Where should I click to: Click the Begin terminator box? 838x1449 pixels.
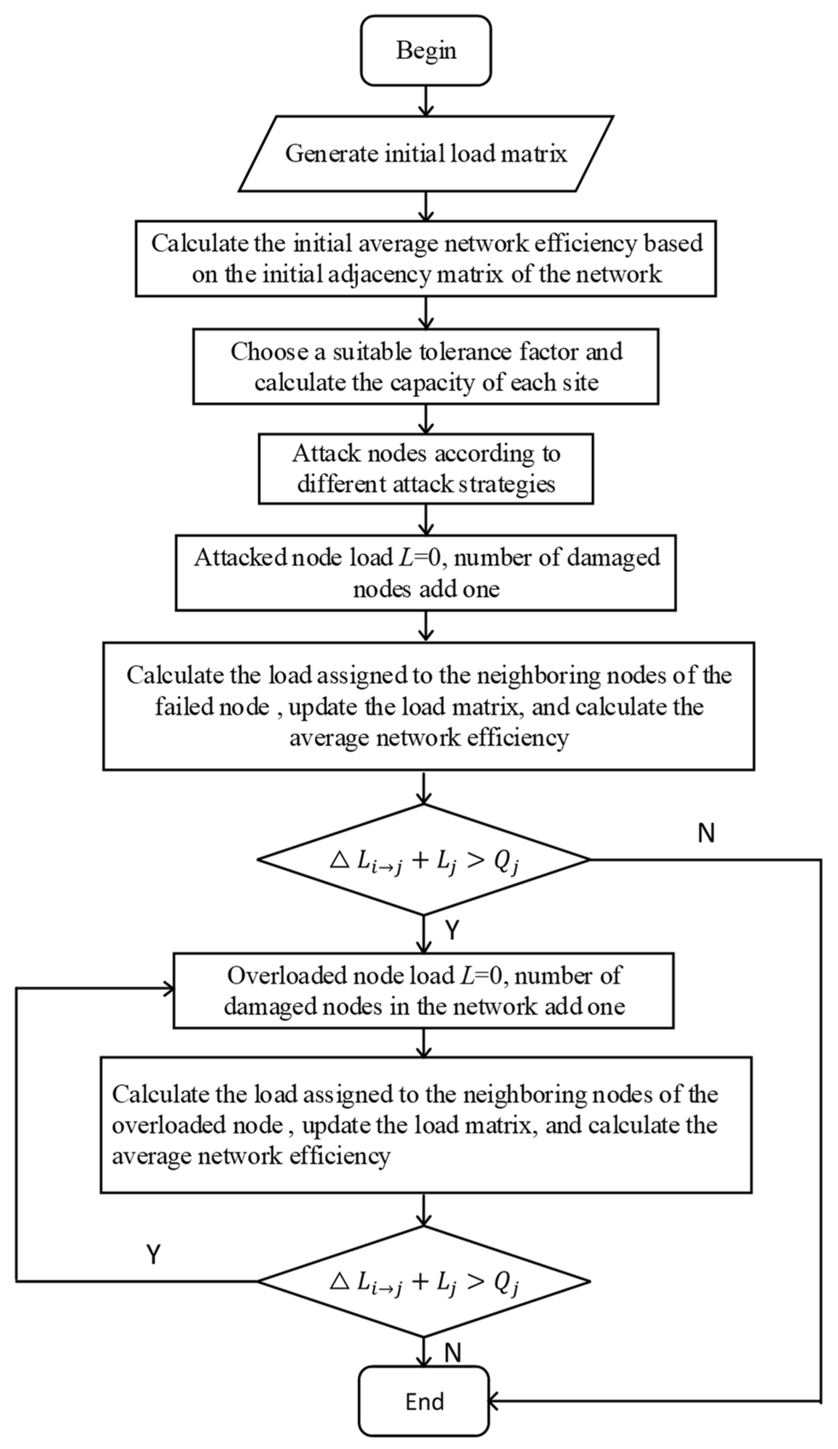(425, 51)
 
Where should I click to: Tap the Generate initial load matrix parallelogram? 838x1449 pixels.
(425, 154)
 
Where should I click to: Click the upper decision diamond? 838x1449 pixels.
(424, 860)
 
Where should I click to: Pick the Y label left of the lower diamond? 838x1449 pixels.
(153, 1255)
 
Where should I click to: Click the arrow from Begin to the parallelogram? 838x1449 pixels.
(426, 101)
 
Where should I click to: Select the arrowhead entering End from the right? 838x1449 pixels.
(494, 1402)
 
